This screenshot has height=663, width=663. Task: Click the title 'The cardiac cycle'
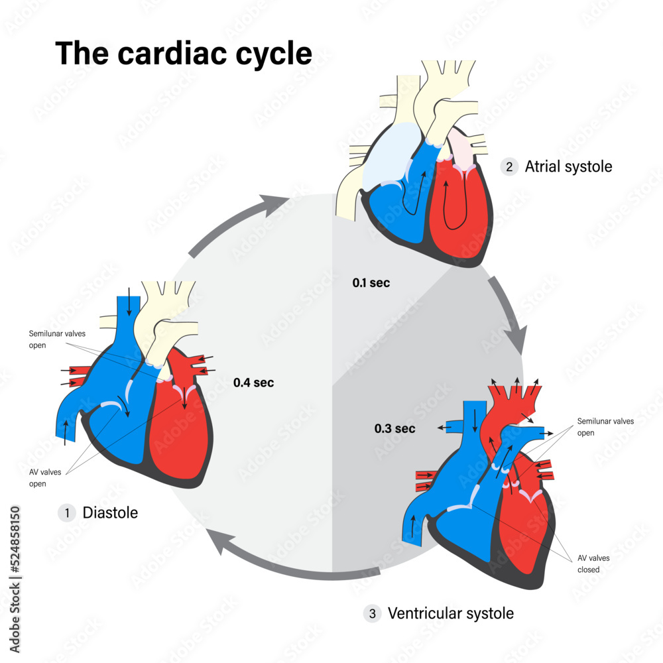click(184, 53)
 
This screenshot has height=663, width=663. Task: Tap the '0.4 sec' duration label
click(253, 383)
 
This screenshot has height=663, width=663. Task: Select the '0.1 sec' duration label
click(371, 283)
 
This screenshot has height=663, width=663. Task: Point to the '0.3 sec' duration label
click(394, 428)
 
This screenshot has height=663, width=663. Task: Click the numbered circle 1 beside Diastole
click(66, 512)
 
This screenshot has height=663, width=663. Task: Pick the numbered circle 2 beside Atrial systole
click(509, 166)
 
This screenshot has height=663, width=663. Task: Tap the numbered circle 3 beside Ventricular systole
click(372, 614)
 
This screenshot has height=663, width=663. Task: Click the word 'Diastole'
click(110, 512)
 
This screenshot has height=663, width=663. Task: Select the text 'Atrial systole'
click(568, 166)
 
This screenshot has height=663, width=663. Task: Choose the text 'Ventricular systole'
click(450, 614)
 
